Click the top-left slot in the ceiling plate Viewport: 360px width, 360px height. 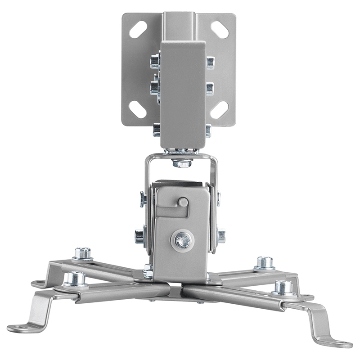pos(138,29)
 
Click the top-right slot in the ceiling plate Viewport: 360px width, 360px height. pos(220,30)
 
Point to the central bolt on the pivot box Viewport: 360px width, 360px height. pos(182,241)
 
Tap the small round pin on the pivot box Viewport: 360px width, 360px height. pos(183,202)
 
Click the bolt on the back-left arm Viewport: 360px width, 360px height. pos(82,254)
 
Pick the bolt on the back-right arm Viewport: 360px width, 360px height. pos(265,262)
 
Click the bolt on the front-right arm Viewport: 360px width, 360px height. pos(283,287)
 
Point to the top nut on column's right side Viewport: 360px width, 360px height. pos(210,63)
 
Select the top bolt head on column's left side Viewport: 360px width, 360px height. pos(155,60)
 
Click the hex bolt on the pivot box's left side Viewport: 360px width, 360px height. pos(140,236)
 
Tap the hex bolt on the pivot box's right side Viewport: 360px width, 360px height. pos(221,235)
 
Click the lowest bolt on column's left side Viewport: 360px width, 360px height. pos(156,130)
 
